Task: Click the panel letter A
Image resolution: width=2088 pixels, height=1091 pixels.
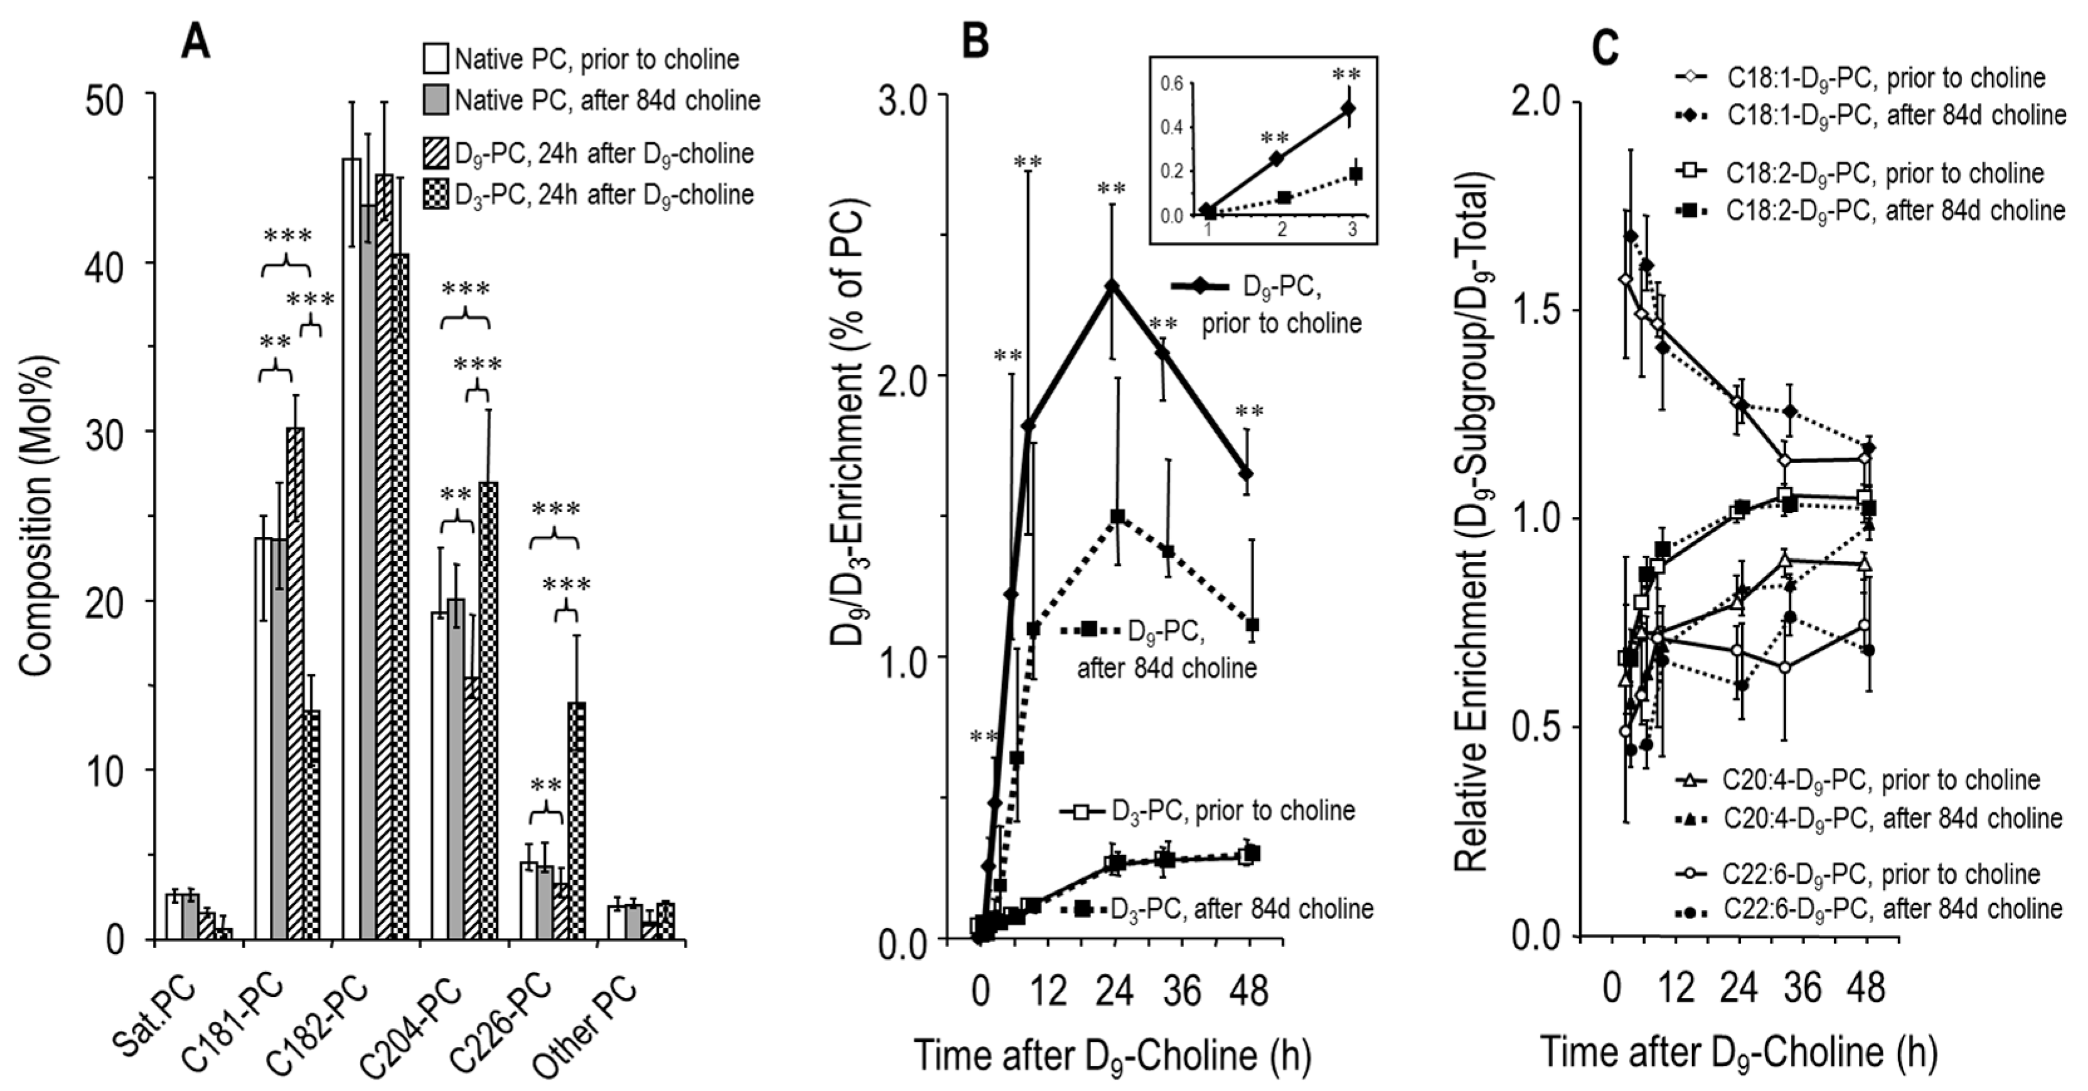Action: point(195,41)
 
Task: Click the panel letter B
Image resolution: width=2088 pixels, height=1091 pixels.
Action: point(975,41)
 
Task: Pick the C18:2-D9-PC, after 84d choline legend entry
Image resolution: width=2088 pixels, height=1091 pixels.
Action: point(1872,211)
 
